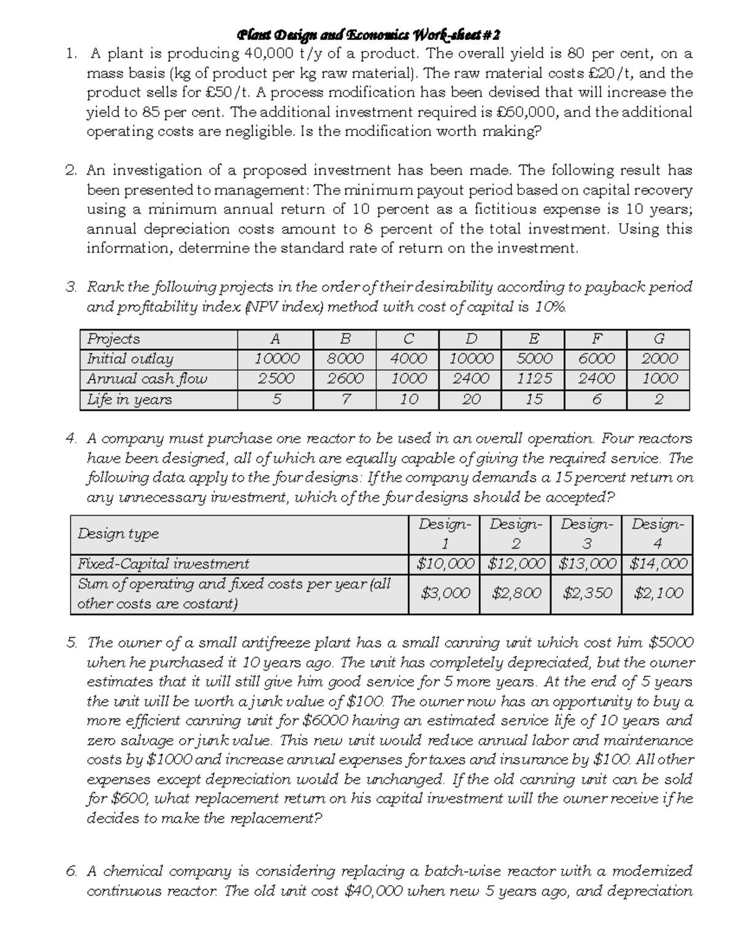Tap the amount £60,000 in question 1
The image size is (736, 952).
(x=528, y=112)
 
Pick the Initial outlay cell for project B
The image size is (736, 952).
(x=345, y=359)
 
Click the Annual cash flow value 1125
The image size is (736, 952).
(x=534, y=379)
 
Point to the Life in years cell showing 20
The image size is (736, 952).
(x=470, y=400)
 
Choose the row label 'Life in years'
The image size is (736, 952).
(x=129, y=400)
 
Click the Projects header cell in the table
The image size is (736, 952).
(x=113, y=339)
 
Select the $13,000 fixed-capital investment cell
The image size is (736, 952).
(x=586, y=564)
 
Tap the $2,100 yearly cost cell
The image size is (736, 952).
(x=657, y=593)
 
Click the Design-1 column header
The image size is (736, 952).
(x=445, y=534)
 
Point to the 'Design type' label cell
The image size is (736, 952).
(x=118, y=534)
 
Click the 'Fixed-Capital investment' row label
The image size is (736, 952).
(x=163, y=564)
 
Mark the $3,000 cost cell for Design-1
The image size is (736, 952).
(x=445, y=593)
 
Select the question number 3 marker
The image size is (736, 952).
(x=71, y=287)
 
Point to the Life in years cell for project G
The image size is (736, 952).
(x=659, y=400)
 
